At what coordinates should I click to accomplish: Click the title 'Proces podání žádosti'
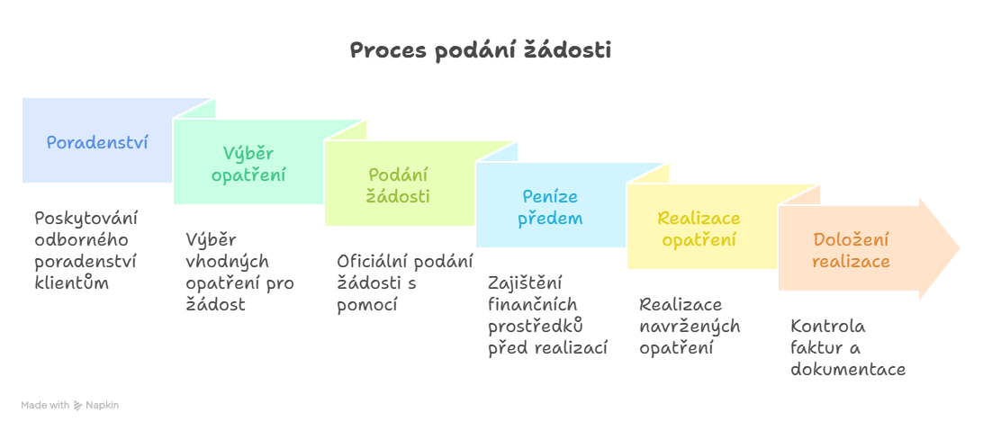pyautogui.click(x=480, y=51)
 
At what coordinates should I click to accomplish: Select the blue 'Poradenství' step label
pyautogui.click(x=97, y=142)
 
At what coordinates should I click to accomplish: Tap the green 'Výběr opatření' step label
pyautogui.click(x=248, y=165)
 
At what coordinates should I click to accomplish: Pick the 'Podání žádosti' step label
pyautogui.click(x=399, y=185)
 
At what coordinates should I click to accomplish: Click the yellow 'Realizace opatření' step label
pyautogui.click(x=699, y=228)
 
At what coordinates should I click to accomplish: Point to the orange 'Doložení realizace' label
pyautogui.click(x=851, y=250)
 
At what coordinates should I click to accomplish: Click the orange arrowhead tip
pyautogui.click(x=960, y=248)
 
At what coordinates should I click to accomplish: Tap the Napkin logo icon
pyautogui.click(x=77, y=405)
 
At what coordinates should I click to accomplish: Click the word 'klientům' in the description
pyautogui.click(x=72, y=282)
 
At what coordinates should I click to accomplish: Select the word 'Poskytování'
pyautogui.click(x=86, y=218)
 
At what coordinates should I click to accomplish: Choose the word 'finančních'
pyautogui.click(x=533, y=305)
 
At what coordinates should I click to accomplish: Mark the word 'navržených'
pyautogui.click(x=690, y=327)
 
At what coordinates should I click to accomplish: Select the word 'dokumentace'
pyautogui.click(x=848, y=369)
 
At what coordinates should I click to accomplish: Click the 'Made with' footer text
pyautogui.click(x=45, y=406)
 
